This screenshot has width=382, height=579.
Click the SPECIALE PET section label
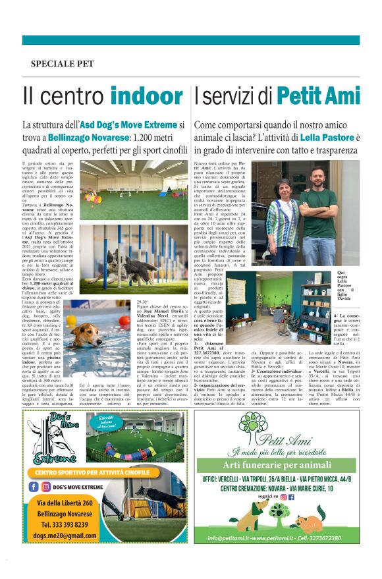[63, 64]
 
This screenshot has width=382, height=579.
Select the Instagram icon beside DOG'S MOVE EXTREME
[45, 486]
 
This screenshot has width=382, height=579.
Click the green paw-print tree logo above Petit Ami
[254, 427]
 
